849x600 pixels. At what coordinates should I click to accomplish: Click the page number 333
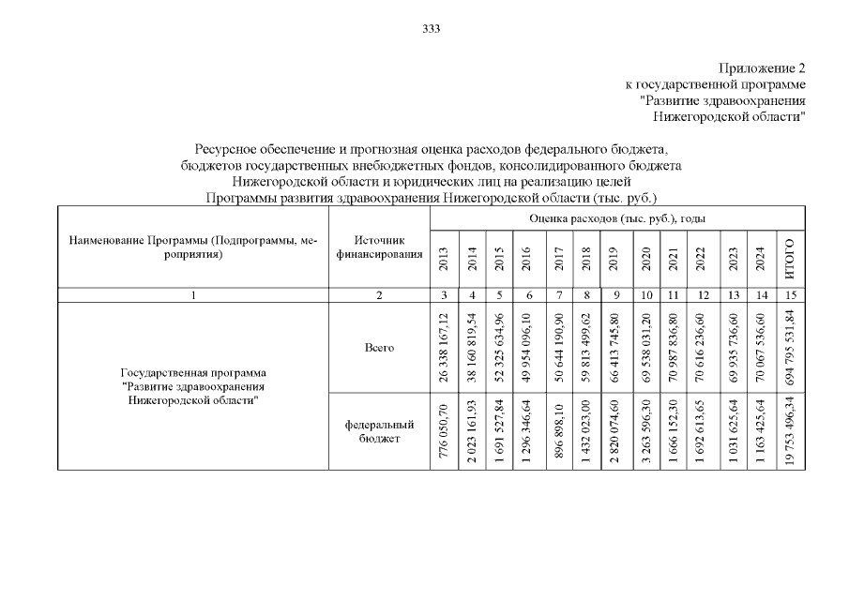coord(432,29)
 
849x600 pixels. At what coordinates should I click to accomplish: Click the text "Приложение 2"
coord(762,68)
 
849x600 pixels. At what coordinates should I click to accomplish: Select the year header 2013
coord(444,259)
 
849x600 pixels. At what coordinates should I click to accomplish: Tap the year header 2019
coord(614,259)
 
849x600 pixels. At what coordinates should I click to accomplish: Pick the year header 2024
coord(762,259)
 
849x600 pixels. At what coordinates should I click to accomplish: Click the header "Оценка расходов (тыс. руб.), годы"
coord(617,217)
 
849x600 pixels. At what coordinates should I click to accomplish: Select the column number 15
coord(791,295)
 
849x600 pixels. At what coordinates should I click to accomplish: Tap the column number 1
coord(193,295)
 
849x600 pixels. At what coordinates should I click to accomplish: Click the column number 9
coord(614,295)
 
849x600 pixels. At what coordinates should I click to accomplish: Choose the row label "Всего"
coord(379,348)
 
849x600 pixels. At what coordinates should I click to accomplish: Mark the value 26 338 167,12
coord(444,348)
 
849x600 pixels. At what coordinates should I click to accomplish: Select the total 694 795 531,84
coord(791,348)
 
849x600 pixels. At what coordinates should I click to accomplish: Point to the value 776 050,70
coord(444,432)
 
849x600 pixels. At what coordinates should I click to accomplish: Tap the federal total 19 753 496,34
coord(791,432)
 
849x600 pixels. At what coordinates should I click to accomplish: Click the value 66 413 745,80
coord(614,348)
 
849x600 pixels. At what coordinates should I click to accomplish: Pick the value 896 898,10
coord(560,432)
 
